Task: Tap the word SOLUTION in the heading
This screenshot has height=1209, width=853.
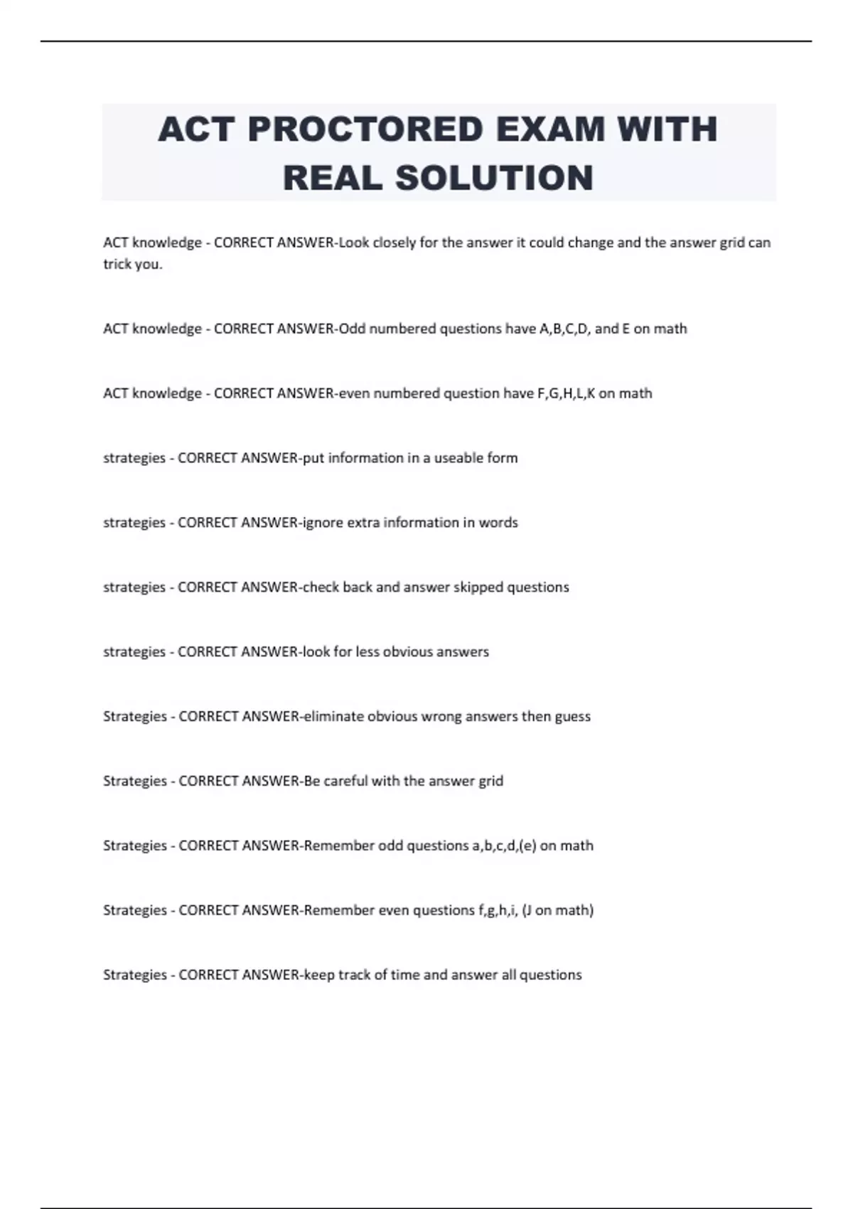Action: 494,178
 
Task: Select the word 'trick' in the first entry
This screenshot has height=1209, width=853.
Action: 117,265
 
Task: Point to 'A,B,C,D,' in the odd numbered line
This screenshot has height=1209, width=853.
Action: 565,329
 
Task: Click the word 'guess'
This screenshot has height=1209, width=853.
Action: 572,716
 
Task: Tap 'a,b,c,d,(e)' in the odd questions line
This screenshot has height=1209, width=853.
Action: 504,846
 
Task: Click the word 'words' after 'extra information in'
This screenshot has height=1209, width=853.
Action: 498,523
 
